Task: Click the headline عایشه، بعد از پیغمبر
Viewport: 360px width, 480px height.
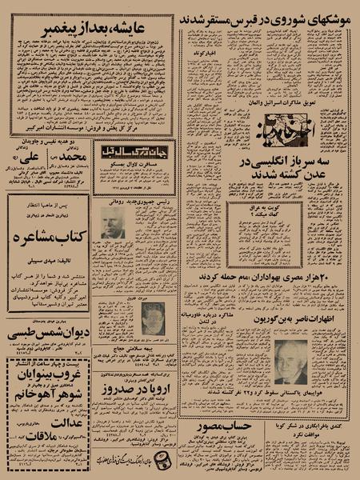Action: click(92, 30)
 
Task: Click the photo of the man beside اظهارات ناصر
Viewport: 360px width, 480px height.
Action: click(290, 362)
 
